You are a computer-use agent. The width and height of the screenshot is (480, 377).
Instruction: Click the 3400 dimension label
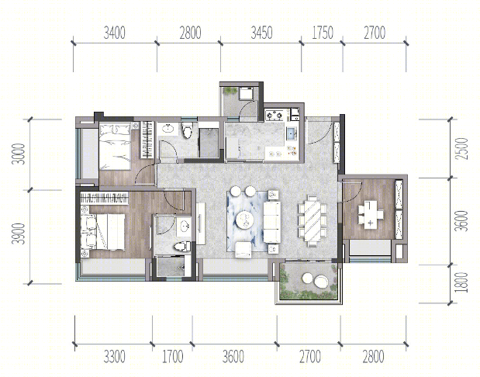pos(114,33)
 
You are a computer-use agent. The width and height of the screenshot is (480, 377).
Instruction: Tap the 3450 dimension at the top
pos(261,33)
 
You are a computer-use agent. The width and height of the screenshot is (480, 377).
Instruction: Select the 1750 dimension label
pos(323,33)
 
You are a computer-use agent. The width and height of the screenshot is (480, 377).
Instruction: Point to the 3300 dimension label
pos(114,357)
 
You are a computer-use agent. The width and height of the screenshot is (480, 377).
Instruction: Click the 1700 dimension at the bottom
pos(172,357)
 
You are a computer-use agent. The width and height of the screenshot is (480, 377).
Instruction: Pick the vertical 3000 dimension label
pos(18,154)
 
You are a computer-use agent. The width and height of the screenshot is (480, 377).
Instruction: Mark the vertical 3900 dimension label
pos(18,233)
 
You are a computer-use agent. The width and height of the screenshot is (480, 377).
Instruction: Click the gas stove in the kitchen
pos(275,116)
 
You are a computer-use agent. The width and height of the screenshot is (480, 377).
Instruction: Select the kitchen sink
pos(291,133)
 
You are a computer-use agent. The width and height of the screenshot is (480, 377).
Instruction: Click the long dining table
pos(313,220)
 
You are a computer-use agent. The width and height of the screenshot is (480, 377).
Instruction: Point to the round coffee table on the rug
pos(246,220)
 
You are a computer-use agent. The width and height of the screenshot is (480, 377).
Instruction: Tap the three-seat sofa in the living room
pos(272,222)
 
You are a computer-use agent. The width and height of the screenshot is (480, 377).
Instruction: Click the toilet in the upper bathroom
pos(186,130)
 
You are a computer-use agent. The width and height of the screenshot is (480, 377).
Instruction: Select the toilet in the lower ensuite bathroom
pos(182,246)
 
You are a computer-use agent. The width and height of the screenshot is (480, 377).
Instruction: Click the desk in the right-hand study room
pos(371,214)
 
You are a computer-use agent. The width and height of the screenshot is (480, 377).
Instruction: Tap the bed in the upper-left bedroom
pos(115,147)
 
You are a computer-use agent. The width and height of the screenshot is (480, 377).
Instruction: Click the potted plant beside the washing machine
pos(230,91)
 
